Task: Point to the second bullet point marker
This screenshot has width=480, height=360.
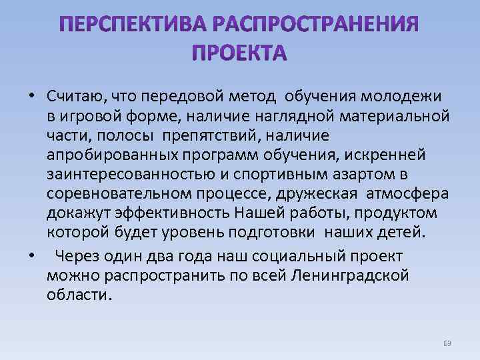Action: [31, 257]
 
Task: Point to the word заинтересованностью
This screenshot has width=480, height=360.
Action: [135, 175]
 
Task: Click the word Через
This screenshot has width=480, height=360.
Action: [83, 257]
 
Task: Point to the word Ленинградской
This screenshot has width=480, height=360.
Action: [349, 276]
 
